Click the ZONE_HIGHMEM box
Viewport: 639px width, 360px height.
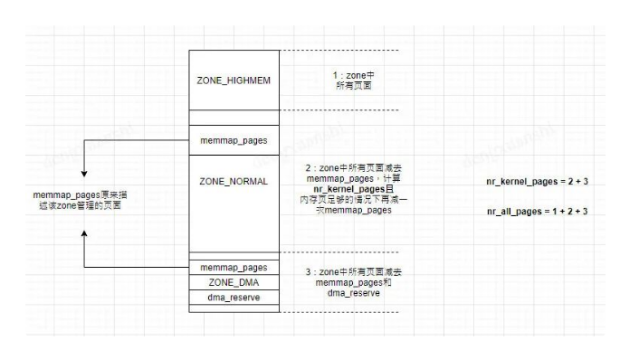[x=234, y=80]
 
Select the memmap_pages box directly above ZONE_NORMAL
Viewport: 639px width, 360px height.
[x=234, y=140]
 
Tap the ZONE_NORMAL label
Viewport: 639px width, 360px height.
[x=234, y=181]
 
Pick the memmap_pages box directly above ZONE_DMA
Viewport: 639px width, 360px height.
[x=234, y=268]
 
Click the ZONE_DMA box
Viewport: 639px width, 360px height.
[x=234, y=282]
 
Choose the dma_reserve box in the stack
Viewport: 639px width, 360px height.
[x=234, y=297]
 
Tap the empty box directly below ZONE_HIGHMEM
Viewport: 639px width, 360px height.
[x=234, y=118]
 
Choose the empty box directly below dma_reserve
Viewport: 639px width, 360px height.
[x=234, y=308]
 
